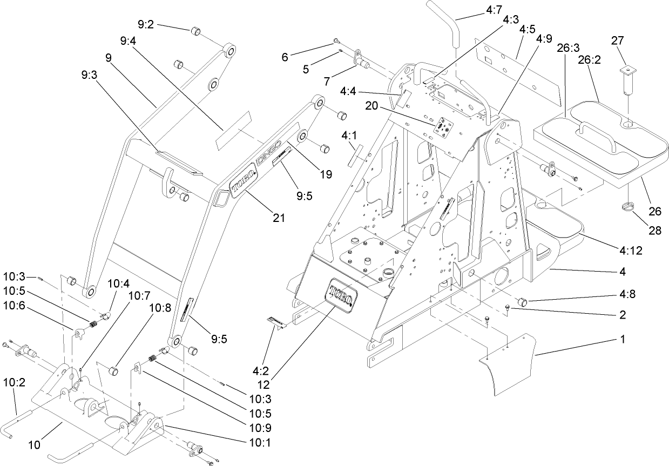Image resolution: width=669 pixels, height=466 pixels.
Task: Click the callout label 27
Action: point(617,40)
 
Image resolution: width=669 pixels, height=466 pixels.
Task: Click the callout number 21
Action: point(279,217)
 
